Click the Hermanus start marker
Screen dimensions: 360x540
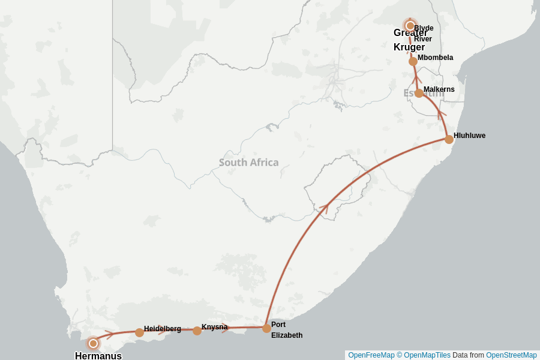pos(93,343)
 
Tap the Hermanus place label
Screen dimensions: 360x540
pos(98,356)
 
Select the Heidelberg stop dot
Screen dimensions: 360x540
pos(139,332)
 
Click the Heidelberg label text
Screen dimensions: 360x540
pos(162,329)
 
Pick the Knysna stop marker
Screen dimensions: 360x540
pos(197,331)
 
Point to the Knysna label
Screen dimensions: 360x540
pos(214,327)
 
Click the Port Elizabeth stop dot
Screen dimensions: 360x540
pos(266,328)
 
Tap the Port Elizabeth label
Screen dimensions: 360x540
pos(286,330)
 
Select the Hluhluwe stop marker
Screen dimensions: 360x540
pos(449,139)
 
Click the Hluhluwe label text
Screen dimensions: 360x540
pos(469,136)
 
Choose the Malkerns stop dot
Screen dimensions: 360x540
pos(419,93)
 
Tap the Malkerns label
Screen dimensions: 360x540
pos(439,89)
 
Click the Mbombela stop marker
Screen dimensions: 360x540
pos(413,61)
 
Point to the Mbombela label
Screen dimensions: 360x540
pos(435,58)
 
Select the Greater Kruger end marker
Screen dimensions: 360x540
pos(410,26)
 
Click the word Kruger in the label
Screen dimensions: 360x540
pos(409,47)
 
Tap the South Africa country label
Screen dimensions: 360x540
pos(248,163)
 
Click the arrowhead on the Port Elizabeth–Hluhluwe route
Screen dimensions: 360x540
pos(325,207)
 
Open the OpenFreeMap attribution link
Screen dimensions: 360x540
pos(371,355)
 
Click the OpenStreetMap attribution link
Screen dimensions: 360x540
pos(511,355)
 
